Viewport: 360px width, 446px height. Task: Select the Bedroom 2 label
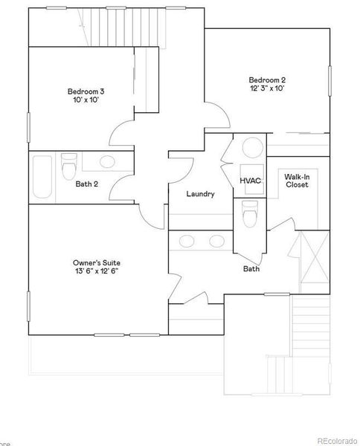click(267, 79)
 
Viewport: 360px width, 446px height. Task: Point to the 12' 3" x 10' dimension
click(267, 88)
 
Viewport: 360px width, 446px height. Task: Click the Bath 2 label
click(87, 184)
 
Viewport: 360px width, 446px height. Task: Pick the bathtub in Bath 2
click(42, 176)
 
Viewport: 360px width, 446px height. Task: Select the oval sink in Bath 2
click(106, 161)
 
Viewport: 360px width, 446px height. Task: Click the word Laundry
click(200, 195)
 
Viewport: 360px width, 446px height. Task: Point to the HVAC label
click(249, 181)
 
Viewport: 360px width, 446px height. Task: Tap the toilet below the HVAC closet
click(250, 216)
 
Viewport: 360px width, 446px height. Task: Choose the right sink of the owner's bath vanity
click(217, 240)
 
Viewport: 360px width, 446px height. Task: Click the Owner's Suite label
click(97, 262)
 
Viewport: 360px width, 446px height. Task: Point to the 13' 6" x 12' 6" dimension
click(97, 272)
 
